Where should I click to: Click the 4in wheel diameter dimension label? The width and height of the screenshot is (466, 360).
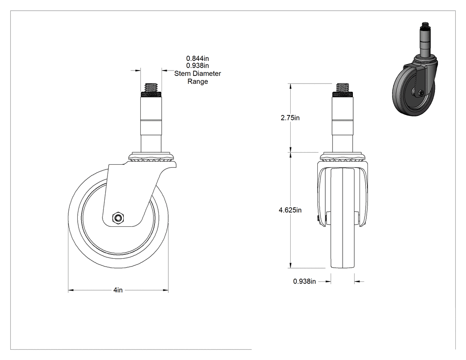(x=118, y=290)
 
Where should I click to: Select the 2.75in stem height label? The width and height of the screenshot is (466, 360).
(x=290, y=118)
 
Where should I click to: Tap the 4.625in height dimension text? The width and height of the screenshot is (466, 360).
(x=290, y=210)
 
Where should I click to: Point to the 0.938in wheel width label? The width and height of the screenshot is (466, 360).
(x=304, y=281)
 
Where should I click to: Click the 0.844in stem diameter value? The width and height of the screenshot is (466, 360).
(x=197, y=59)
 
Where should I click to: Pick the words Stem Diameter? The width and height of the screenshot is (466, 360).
(x=197, y=73)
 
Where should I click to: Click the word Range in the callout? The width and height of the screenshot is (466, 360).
(x=197, y=81)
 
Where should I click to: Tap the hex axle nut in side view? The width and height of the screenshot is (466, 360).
(x=118, y=218)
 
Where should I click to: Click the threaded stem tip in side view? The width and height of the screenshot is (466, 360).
(x=151, y=88)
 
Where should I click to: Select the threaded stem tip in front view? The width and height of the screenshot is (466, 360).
(x=343, y=88)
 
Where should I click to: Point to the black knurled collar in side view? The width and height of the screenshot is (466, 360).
(x=151, y=95)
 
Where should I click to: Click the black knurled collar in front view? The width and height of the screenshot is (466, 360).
(x=343, y=95)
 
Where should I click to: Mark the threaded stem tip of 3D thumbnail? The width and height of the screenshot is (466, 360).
(x=425, y=26)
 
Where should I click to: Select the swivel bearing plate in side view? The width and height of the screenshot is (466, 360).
(x=152, y=157)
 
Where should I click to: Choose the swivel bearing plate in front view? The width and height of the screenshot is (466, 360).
(x=343, y=157)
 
